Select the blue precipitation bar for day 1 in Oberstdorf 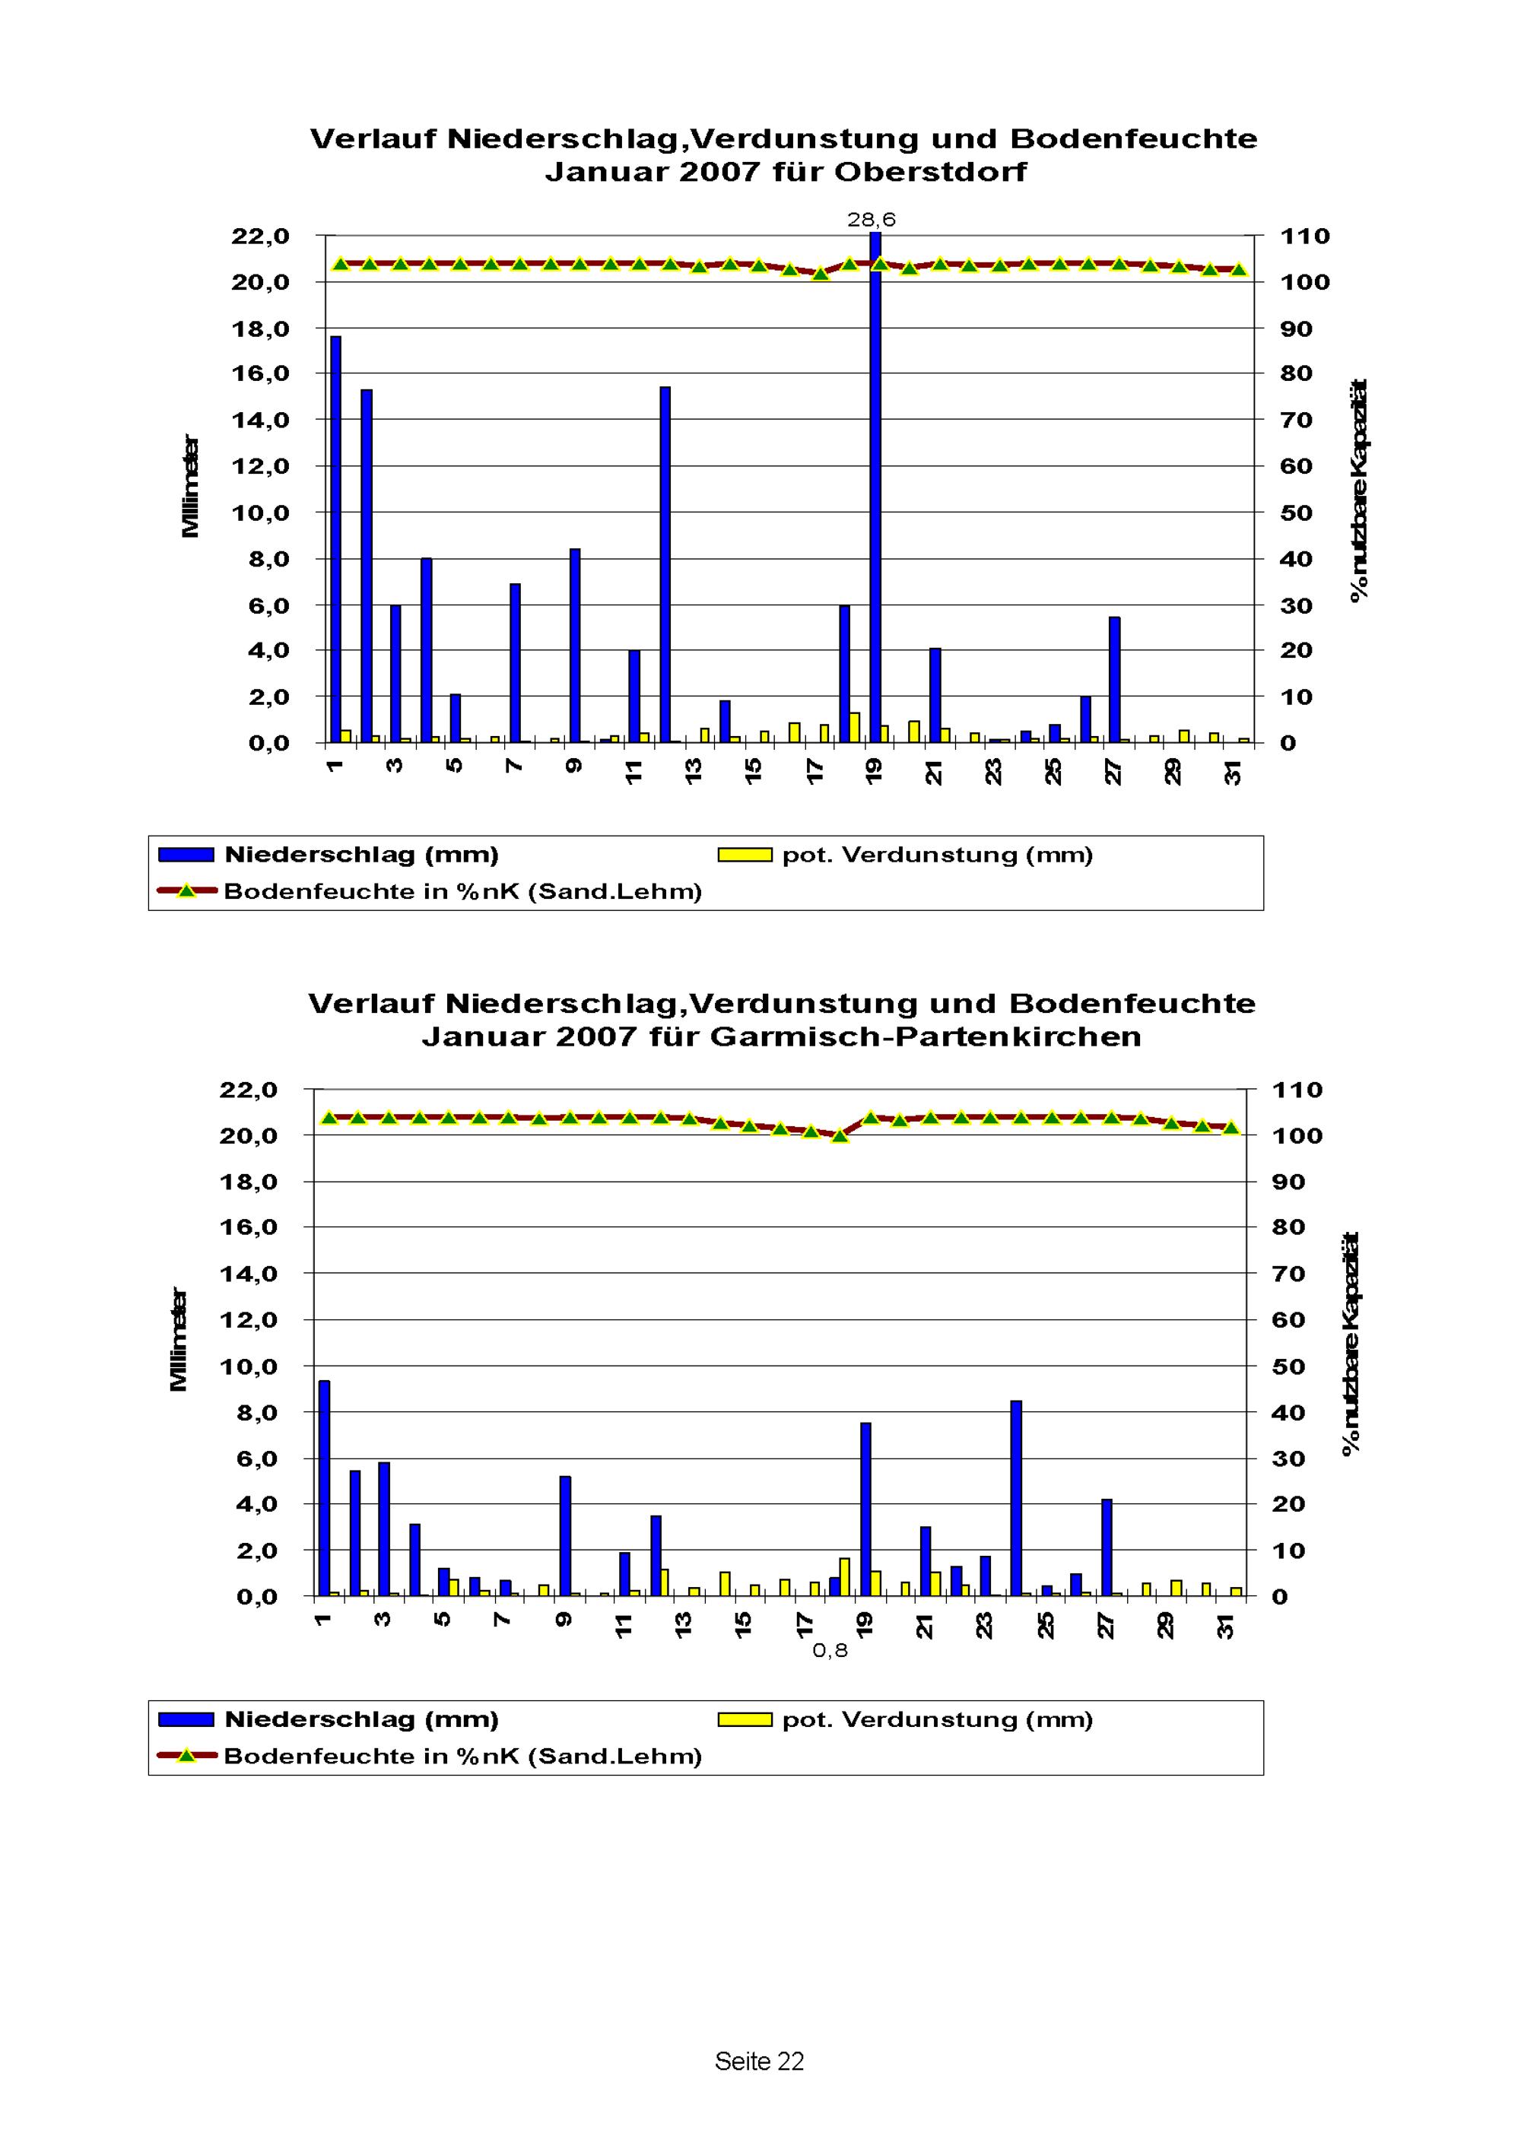click(335, 539)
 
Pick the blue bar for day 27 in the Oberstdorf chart click(1114, 680)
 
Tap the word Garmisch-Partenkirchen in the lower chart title click(926, 1036)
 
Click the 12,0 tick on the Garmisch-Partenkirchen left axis click(249, 1319)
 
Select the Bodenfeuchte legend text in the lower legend click(463, 1756)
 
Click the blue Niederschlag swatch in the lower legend click(186, 1719)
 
